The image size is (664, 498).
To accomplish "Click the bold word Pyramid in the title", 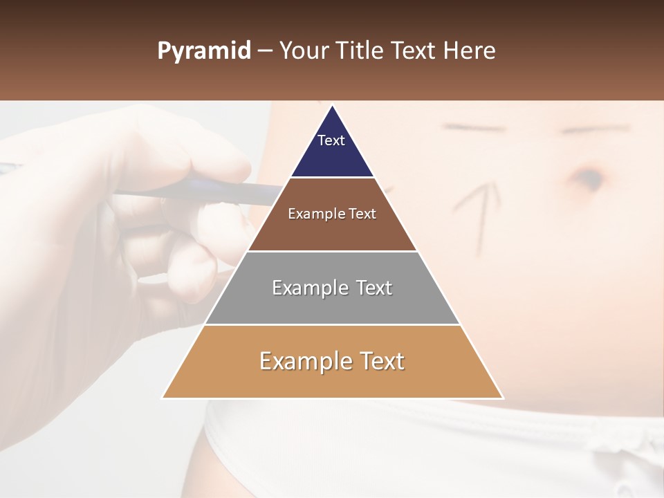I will pyautogui.click(x=203, y=51).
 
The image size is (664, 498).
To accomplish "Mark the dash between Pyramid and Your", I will pyautogui.click(x=265, y=51).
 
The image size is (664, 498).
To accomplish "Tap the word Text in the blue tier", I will pyautogui.click(x=331, y=140).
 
